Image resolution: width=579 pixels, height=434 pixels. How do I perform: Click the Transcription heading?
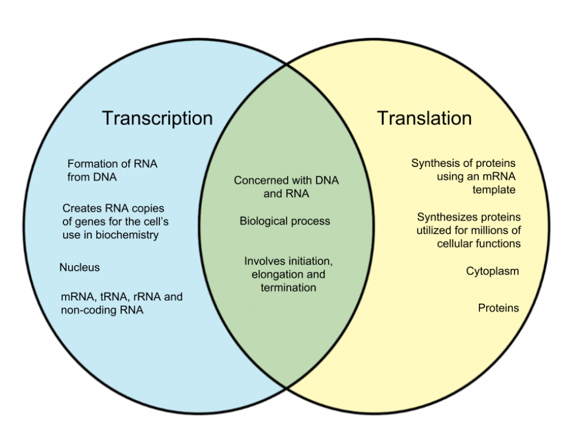click(157, 118)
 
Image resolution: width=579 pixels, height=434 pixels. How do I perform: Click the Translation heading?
click(424, 118)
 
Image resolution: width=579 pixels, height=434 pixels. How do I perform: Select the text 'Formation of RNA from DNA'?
click(112, 170)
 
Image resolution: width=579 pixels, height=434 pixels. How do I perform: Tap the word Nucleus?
click(79, 268)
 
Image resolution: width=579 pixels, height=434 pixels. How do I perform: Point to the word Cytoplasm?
click(493, 271)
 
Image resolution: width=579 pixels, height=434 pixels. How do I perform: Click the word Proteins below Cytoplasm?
click(498, 308)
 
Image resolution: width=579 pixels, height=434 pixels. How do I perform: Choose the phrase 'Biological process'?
click(285, 221)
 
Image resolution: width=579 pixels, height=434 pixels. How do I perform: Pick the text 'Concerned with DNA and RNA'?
click(286, 187)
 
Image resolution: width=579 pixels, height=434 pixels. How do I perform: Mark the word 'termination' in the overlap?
click(288, 288)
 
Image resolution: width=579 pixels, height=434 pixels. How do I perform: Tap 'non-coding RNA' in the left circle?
click(102, 310)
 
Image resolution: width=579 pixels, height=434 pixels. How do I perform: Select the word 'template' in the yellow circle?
click(494, 190)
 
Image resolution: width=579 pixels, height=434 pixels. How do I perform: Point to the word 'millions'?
click(488, 230)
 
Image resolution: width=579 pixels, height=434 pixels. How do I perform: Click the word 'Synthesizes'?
click(443, 217)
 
